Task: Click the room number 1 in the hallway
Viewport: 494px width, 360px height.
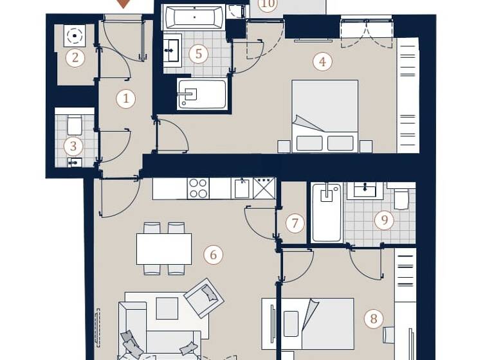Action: click(x=126, y=98)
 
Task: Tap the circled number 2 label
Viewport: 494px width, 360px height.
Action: click(x=75, y=59)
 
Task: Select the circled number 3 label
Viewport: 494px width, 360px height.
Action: click(x=73, y=147)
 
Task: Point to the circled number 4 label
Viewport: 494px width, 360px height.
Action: click(x=322, y=62)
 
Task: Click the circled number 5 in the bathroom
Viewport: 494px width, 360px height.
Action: click(x=198, y=54)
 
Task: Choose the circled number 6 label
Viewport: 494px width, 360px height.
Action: click(x=213, y=255)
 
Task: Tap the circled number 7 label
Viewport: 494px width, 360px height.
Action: click(x=295, y=224)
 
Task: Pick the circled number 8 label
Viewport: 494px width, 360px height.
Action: click(x=372, y=319)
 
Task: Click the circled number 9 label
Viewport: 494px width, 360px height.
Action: click(x=384, y=221)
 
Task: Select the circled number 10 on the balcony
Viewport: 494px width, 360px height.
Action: click(x=268, y=4)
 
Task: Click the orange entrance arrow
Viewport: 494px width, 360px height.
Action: click(x=123, y=3)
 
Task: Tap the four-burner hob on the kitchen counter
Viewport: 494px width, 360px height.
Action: click(x=198, y=188)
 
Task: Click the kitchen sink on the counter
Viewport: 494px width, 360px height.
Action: click(x=242, y=188)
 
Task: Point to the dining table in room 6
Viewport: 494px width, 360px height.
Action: click(x=164, y=249)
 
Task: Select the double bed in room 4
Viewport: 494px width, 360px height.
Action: click(x=325, y=116)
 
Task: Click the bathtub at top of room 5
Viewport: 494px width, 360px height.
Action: click(x=194, y=17)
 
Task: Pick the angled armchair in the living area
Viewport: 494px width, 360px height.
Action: click(x=204, y=298)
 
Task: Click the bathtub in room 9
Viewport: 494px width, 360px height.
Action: click(x=327, y=212)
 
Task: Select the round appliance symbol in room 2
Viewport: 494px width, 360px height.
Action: click(x=75, y=36)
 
